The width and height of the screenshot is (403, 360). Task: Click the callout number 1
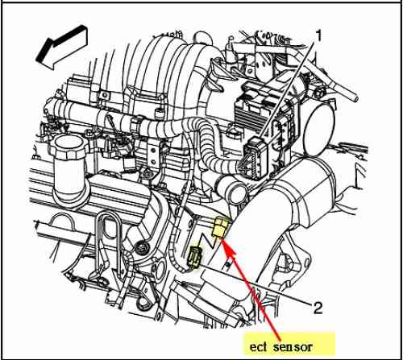(318, 35)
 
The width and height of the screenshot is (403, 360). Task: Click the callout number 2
(318, 308)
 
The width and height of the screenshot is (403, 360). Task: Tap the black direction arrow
(61, 48)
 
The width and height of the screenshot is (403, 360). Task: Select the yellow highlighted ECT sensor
(221, 226)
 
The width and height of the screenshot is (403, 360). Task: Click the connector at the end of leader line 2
(194, 257)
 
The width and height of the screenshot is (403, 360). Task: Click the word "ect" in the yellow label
(259, 347)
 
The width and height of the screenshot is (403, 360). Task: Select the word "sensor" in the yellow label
(293, 347)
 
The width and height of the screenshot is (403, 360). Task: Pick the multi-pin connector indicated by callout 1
(256, 157)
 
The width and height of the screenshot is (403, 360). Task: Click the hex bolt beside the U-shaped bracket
(141, 247)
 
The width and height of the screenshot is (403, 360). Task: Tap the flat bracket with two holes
(153, 155)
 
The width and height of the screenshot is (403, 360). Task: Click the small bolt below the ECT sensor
(228, 265)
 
